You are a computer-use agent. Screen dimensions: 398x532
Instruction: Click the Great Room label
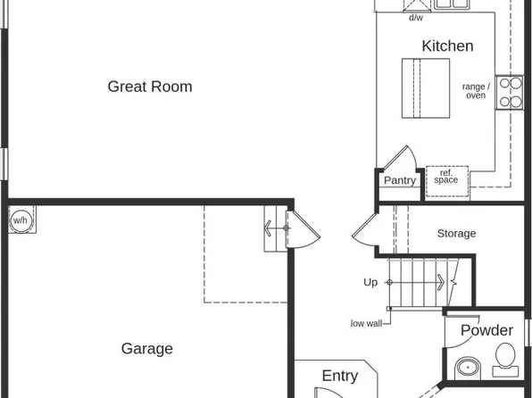tap(150, 87)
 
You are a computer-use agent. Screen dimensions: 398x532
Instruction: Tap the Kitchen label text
tap(447, 46)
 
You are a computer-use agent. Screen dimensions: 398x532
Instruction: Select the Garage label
tap(147, 349)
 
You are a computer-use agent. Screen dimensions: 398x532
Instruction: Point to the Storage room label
tap(456, 234)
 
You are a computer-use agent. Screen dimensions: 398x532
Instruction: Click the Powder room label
tap(486, 331)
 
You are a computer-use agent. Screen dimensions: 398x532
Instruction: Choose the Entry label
tap(339, 376)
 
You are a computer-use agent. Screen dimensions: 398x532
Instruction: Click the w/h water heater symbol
tap(20, 220)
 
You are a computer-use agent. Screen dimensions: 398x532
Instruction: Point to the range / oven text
tap(476, 90)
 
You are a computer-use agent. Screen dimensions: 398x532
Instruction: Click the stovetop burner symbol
tap(510, 92)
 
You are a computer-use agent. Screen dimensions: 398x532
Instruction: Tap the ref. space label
tap(445, 177)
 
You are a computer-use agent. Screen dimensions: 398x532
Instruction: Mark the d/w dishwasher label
tap(416, 18)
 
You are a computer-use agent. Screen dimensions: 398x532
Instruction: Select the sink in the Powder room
tap(466, 368)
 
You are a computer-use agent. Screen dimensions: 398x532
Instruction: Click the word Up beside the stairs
tap(370, 282)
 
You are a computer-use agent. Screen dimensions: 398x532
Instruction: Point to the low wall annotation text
tap(366, 323)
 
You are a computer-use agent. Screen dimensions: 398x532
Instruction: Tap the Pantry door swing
tap(402, 162)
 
